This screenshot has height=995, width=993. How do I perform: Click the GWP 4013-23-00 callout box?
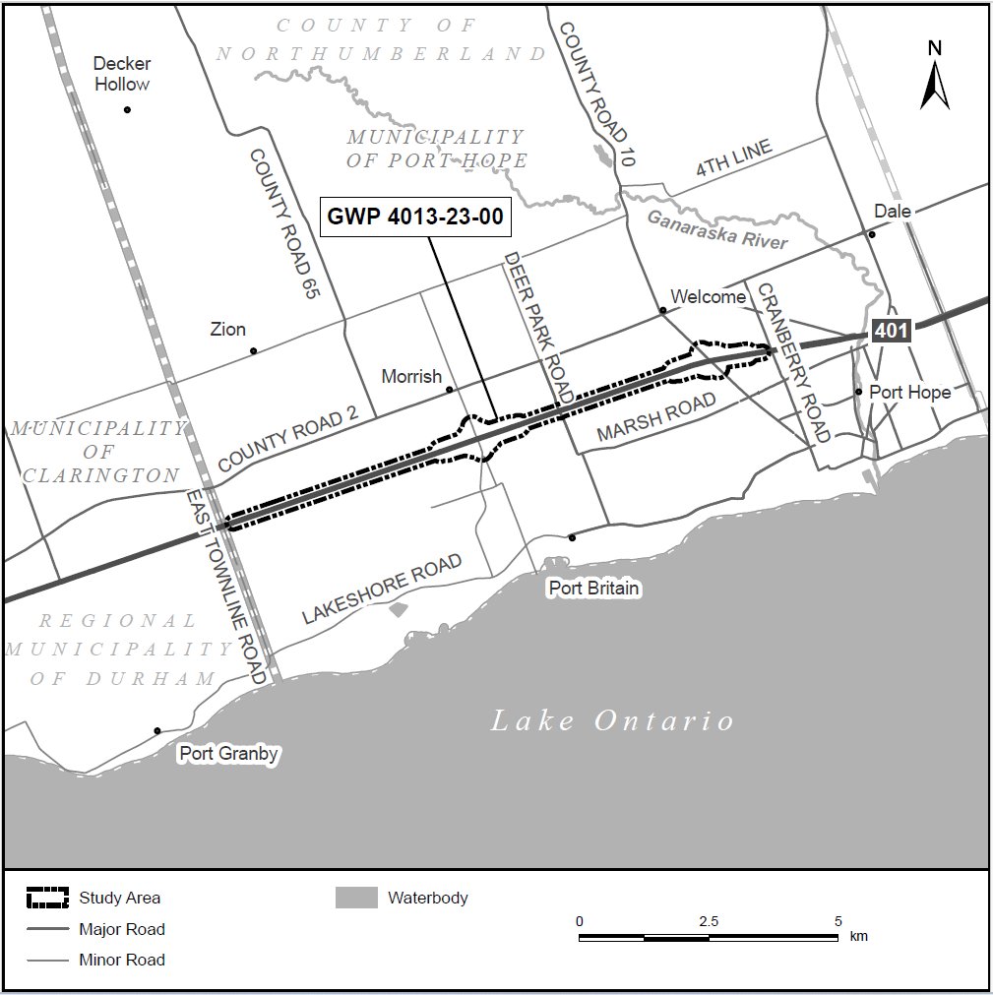point(415,218)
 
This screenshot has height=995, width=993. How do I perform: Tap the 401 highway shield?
point(891,331)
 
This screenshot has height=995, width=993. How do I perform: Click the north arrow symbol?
point(934,75)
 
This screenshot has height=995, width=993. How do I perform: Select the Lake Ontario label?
point(612,721)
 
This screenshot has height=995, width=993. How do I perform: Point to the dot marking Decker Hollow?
point(127,109)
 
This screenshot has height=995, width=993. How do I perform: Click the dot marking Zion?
point(253,351)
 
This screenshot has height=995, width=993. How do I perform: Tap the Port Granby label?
point(228,755)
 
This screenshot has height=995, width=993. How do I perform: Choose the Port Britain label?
point(593,589)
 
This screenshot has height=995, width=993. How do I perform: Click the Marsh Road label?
point(656,418)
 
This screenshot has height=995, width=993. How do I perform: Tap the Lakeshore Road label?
point(382,590)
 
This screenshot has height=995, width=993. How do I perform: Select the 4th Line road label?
point(734,158)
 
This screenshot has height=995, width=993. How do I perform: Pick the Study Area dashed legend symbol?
point(47,898)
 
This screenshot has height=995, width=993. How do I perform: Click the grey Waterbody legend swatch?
point(356,898)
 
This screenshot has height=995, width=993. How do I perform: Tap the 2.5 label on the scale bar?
point(708,921)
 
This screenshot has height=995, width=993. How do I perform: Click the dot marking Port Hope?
point(859,392)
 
